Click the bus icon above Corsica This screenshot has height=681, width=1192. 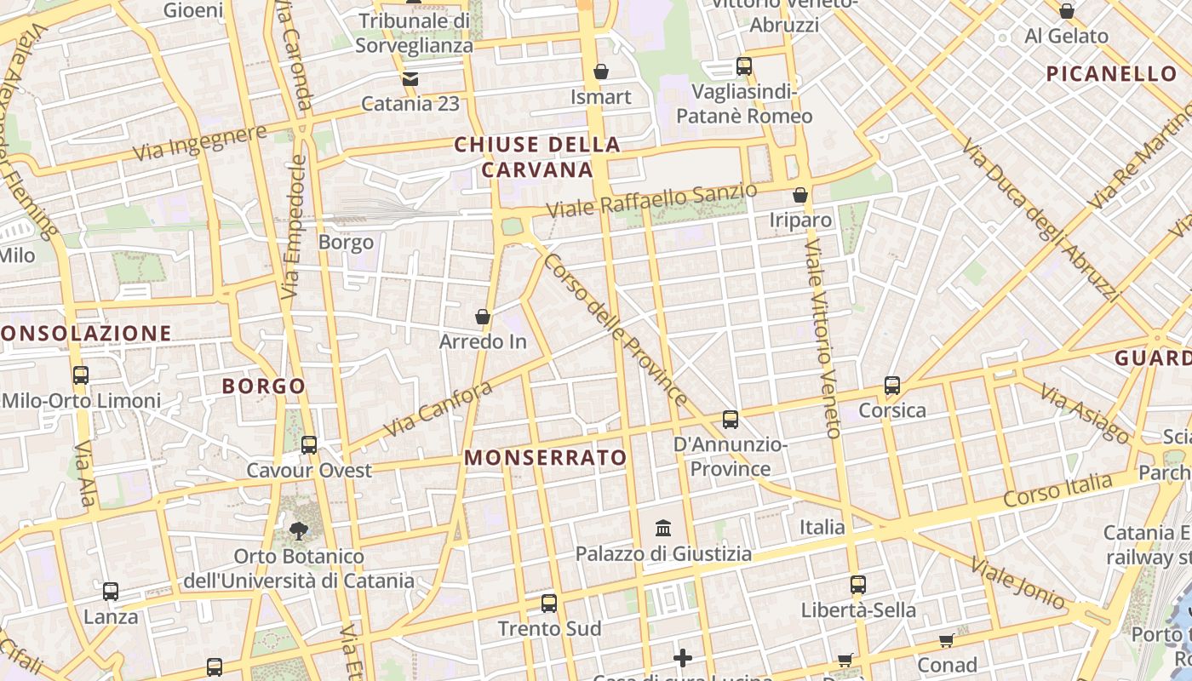click(x=892, y=386)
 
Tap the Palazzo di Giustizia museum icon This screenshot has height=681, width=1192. click(x=663, y=529)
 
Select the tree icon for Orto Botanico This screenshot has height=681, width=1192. click(x=299, y=531)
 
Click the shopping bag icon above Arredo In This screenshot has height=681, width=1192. click(x=483, y=318)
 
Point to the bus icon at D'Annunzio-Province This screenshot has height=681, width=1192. click(x=731, y=419)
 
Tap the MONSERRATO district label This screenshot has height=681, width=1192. click(x=546, y=458)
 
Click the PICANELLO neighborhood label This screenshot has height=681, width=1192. click(x=1111, y=74)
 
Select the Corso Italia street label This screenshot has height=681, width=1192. click(x=1057, y=491)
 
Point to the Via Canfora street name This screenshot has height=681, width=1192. click(x=438, y=409)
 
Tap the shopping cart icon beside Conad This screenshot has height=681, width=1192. click(x=946, y=640)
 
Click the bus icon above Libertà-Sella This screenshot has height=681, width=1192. click(x=858, y=585)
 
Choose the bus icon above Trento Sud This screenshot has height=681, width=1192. click(x=549, y=604)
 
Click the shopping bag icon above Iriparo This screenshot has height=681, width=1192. click(x=799, y=195)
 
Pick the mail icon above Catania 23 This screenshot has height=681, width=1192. click(x=410, y=79)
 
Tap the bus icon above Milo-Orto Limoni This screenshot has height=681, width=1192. click(x=81, y=375)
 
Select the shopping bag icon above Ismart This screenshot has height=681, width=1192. click(x=601, y=72)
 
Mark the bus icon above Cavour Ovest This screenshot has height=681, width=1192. click(x=309, y=445)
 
